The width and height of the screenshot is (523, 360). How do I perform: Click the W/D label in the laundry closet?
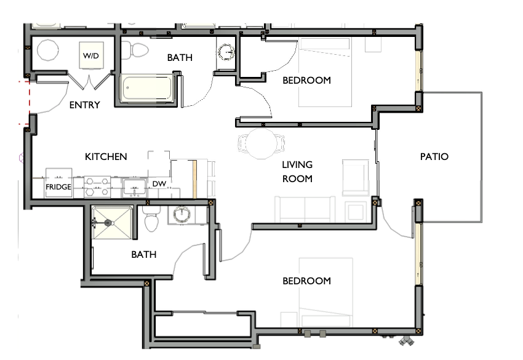click(90, 56)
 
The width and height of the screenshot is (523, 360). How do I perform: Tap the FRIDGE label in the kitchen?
click(58, 187)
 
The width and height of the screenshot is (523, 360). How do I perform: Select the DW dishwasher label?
click(159, 184)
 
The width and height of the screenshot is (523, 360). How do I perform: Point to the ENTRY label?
click(84, 105)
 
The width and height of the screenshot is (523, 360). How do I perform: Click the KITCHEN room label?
click(106, 157)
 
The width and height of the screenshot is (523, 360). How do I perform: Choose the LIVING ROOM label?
click(297, 172)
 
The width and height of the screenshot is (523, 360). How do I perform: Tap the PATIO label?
click(434, 157)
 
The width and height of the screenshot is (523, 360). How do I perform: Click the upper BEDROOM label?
click(306, 81)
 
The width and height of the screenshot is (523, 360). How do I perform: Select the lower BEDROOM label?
click(306, 281)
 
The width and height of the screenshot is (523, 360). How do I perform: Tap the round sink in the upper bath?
click(228, 52)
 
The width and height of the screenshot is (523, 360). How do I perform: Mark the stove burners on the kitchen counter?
click(97, 183)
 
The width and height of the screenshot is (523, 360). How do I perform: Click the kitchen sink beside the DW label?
click(134, 186)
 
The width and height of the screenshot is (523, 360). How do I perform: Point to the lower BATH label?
click(143, 255)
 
